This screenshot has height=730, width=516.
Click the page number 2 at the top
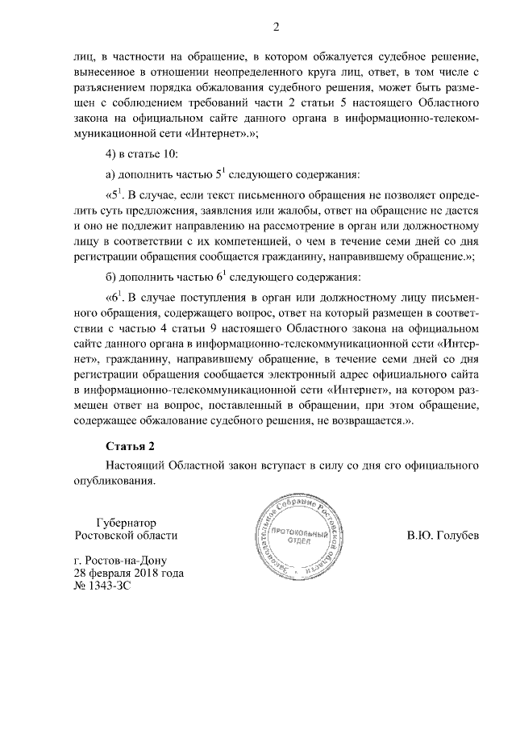pos(275,28)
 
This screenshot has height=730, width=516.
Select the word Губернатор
pos(125,522)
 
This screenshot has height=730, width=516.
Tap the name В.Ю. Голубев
pos(443,535)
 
